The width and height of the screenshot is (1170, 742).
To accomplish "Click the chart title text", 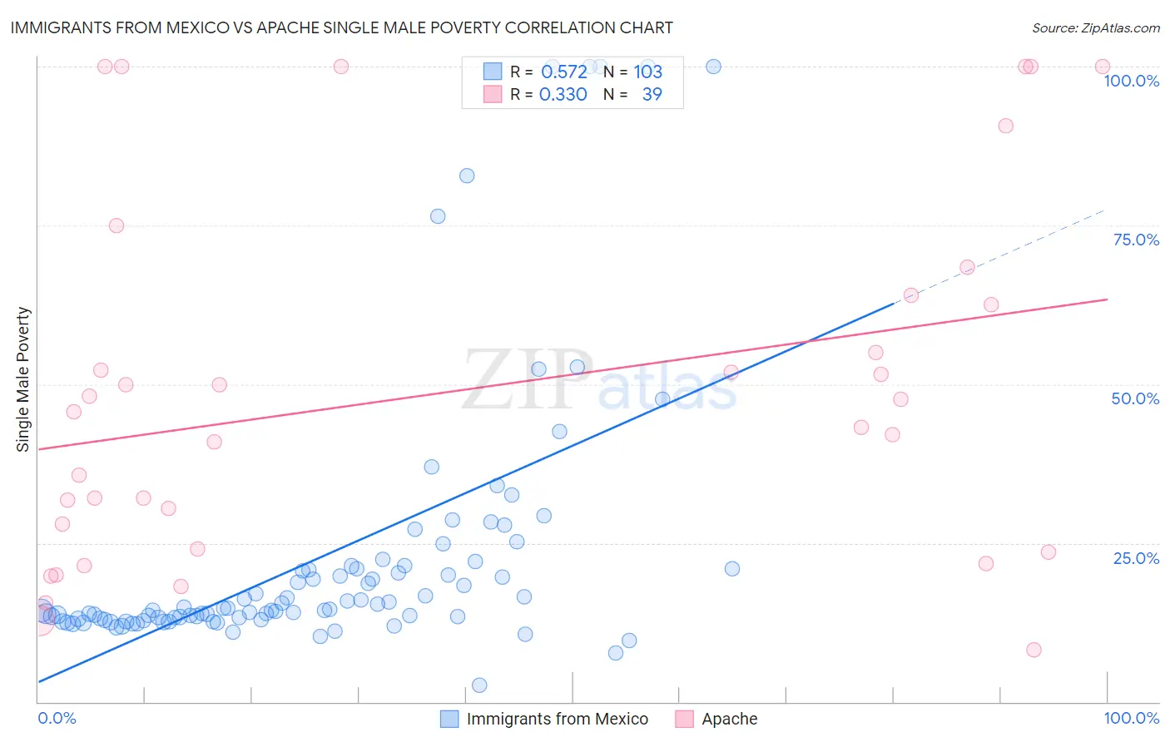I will pyautogui.click(x=341, y=27).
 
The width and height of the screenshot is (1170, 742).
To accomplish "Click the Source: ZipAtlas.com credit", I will pyautogui.click(x=1095, y=27).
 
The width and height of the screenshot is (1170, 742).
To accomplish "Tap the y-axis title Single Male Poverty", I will pyautogui.click(x=23, y=379).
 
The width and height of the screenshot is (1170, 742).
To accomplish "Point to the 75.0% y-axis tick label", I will pyautogui.click(x=1136, y=240).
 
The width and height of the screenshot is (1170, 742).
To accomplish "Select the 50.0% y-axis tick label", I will pyautogui.click(x=1135, y=398).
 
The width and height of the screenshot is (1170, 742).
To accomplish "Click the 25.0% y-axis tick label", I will pyautogui.click(x=1136, y=558).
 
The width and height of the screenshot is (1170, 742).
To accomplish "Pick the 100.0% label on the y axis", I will pyautogui.click(x=1131, y=81).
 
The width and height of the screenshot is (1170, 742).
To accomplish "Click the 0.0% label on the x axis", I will pyautogui.click(x=57, y=718).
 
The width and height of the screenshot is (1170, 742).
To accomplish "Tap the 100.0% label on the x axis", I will pyautogui.click(x=1131, y=718).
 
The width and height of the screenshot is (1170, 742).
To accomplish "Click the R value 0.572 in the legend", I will pyautogui.click(x=564, y=72).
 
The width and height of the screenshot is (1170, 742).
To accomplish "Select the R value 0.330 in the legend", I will pyautogui.click(x=563, y=95).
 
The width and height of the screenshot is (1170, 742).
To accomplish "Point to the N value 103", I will pyautogui.click(x=647, y=72).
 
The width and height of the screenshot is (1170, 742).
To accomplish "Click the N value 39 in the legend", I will pyautogui.click(x=652, y=95).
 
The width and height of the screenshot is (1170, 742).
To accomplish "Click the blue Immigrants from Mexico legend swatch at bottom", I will pyautogui.click(x=449, y=719).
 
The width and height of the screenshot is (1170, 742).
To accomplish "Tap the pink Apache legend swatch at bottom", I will pyautogui.click(x=684, y=719).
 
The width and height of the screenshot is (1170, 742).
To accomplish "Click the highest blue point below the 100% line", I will pyautogui.click(x=467, y=176).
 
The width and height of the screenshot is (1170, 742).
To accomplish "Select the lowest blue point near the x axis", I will pyautogui.click(x=479, y=685).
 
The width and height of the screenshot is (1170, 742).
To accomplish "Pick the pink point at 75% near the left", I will pyautogui.click(x=117, y=225).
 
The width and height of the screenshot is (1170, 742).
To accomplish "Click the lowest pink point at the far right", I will pyautogui.click(x=1034, y=650).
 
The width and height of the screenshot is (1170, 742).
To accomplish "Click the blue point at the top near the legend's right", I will pyautogui.click(x=713, y=67).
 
